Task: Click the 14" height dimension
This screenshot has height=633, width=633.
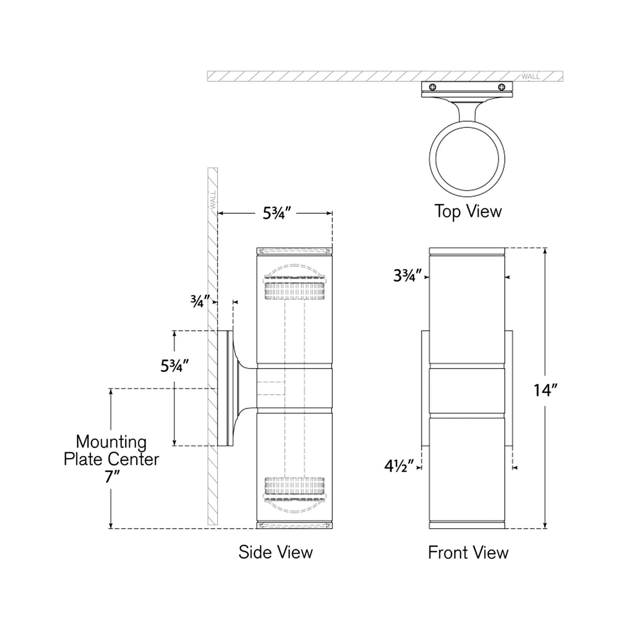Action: pos(545,389)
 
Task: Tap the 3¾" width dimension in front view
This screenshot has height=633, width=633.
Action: pos(407,276)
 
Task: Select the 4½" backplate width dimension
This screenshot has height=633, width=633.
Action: pos(399,467)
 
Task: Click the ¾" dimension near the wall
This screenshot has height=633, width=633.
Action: pos(199,301)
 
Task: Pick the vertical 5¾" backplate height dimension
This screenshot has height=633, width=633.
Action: pos(174,366)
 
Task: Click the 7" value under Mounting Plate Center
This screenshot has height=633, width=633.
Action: pos(111,477)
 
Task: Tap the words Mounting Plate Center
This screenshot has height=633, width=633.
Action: pos(111,450)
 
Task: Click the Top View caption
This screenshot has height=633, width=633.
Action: pos(468,212)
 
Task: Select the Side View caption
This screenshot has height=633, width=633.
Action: pos(276,552)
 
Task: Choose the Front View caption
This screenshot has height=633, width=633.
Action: pos(468,553)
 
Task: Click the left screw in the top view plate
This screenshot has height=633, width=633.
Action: pos(433,87)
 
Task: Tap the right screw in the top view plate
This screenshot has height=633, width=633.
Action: pos(502,87)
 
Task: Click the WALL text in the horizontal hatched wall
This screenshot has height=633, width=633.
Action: pos(530,77)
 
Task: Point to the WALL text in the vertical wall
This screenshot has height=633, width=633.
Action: pos(213,199)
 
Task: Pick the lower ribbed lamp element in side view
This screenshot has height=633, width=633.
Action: pos(294,487)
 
